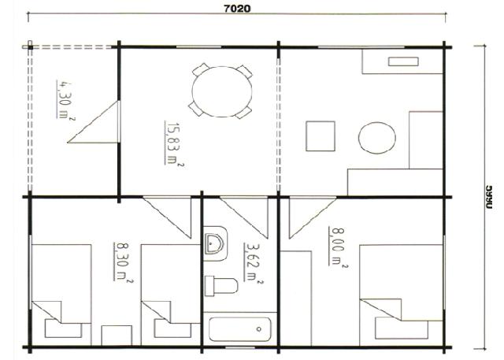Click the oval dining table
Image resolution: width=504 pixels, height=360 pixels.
(x=220, y=89)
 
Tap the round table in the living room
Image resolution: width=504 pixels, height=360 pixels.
(x=376, y=140)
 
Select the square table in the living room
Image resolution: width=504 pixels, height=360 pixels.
(x=321, y=136)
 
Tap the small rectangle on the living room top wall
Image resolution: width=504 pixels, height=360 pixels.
(x=401, y=60)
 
